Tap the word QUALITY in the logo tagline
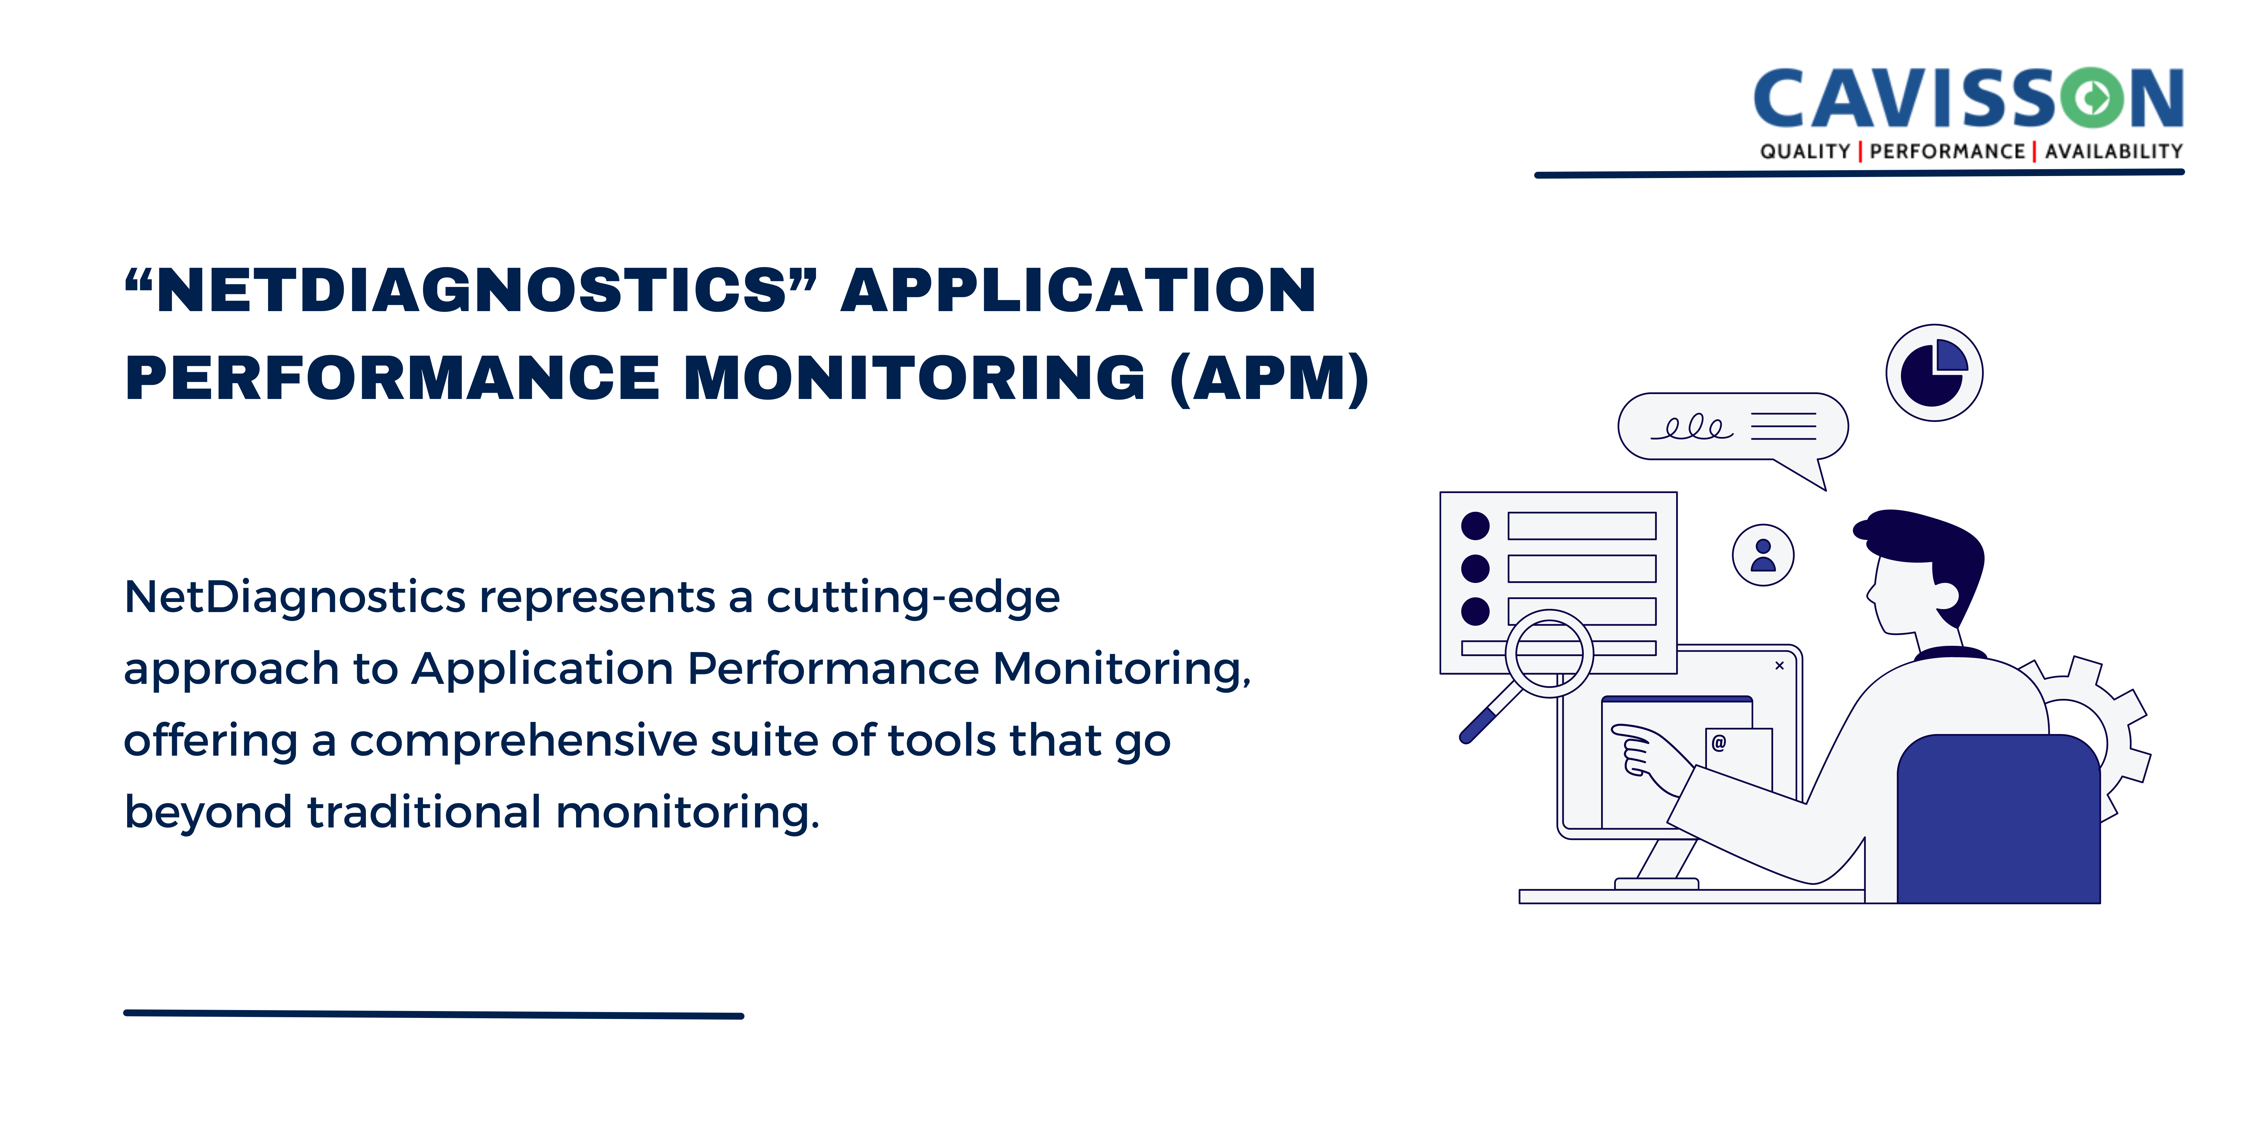pyautogui.click(x=1805, y=151)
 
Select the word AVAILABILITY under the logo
pyautogui.click(x=2114, y=151)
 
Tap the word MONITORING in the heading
pyautogui.click(x=915, y=378)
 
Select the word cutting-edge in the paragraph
pyautogui.click(x=913, y=598)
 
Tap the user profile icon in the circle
pyautogui.click(x=1763, y=555)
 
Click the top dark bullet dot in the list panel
pyautogui.click(x=1475, y=526)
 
